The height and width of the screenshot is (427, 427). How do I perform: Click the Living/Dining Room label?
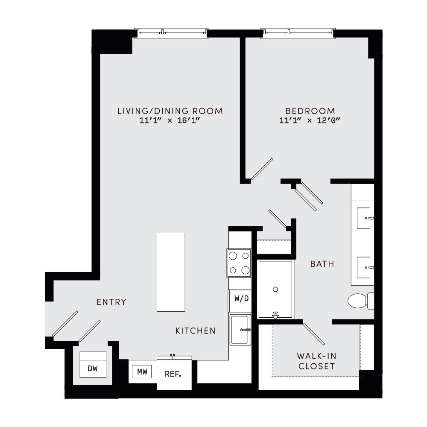[170, 111]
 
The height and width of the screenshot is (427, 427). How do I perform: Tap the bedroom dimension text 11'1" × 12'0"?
[310, 120]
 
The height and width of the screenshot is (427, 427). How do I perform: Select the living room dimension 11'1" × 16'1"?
[170, 120]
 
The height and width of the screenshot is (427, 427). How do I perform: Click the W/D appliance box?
[241, 298]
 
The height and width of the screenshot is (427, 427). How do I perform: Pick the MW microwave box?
[142, 372]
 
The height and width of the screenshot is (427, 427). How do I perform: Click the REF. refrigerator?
[173, 374]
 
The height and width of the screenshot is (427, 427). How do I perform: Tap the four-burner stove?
[239, 263]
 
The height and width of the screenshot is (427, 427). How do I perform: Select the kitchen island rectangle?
[171, 272]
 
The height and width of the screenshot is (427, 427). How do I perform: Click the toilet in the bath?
[358, 301]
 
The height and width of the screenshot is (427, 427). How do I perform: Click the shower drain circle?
[275, 290]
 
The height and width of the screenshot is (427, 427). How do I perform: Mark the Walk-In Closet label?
[316, 361]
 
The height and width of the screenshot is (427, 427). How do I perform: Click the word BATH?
[322, 264]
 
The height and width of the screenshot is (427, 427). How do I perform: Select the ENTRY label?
[111, 302]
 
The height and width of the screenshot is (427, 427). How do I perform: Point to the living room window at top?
[172, 32]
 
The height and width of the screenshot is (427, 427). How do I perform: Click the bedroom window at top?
[298, 32]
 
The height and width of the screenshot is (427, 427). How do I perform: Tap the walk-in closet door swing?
[313, 334]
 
